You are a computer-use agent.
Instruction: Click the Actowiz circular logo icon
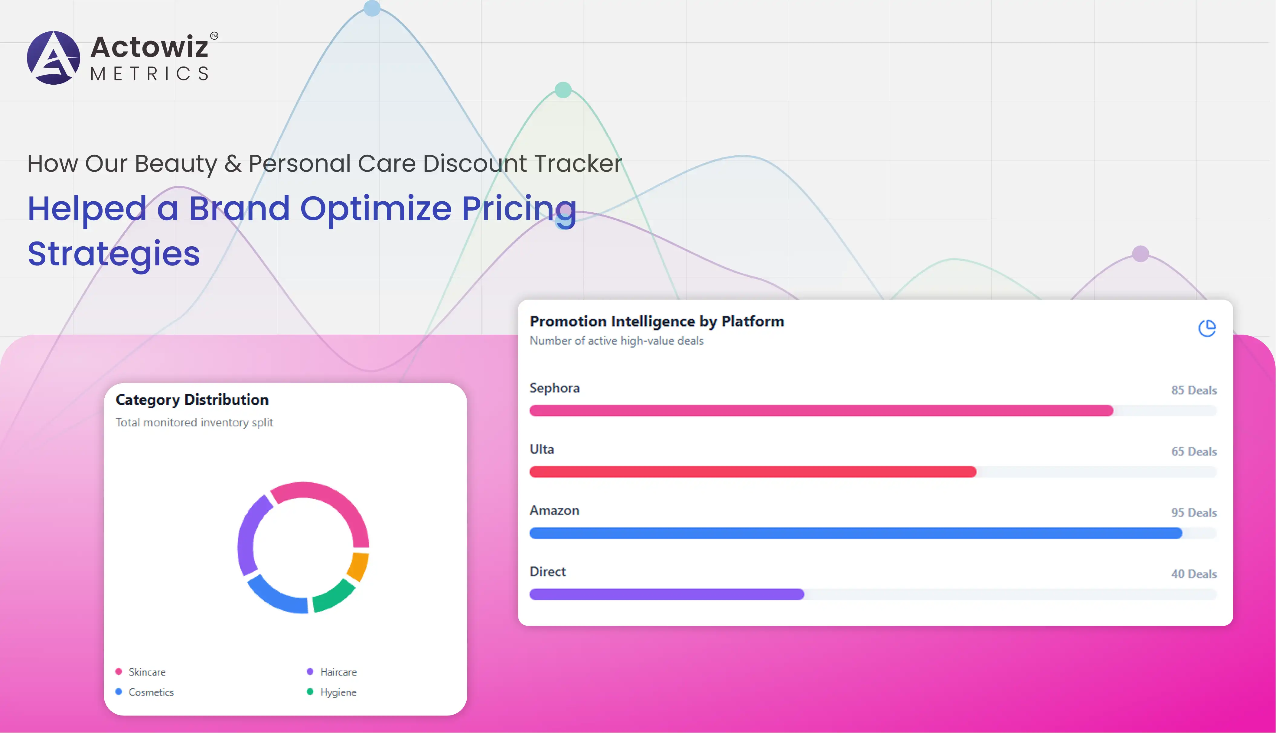tap(53, 57)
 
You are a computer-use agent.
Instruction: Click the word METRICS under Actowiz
tap(149, 74)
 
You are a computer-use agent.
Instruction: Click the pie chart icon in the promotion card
tap(1206, 328)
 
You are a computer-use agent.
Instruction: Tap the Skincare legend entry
tap(147, 672)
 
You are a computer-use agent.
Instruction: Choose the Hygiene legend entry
tap(338, 692)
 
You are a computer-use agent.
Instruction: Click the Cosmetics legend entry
tap(151, 692)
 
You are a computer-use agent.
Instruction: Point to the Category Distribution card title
tap(192, 400)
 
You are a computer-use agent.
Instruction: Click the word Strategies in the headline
tap(114, 253)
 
